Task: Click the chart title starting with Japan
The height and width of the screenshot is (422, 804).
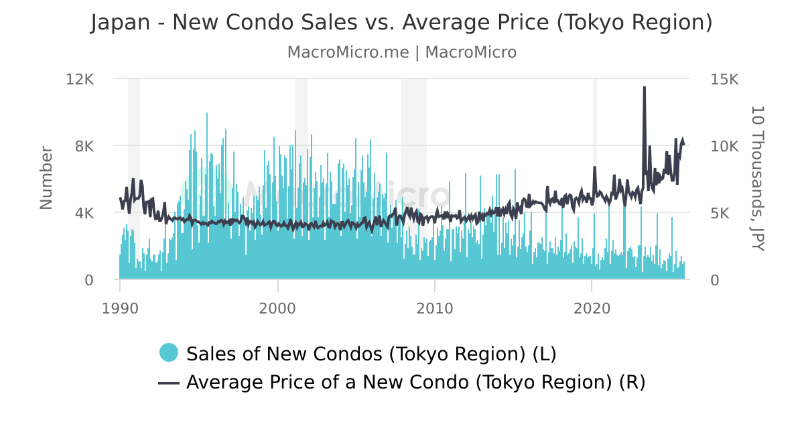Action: pyautogui.click(x=401, y=23)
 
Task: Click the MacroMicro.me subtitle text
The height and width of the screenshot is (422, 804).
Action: pyautogui.click(x=401, y=52)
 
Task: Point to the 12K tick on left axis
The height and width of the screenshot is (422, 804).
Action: pyautogui.click(x=80, y=79)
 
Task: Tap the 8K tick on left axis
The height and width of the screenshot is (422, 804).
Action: pyautogui.click(x=83, y=146)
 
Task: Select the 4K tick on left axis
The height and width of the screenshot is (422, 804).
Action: pyautogui.click(x=83, y=213)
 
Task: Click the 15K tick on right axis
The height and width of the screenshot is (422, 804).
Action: pyautogui.click(x=724, y=79)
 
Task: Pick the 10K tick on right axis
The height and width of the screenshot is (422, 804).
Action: pyautogui.click(x=724, y=146)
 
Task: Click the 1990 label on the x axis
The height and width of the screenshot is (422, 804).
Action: pyautogui.click(x=120, y=309)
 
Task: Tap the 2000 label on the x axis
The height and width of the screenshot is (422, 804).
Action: pyautogui.click(x=277, y=309)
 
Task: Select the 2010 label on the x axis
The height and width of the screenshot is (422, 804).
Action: pyautogui.click(x=435, y=309)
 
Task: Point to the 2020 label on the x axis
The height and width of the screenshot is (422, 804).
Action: pyautogui.click(x=592, y=309)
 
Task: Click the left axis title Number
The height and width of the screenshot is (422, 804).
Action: pyautogui.click(x=46, y=178)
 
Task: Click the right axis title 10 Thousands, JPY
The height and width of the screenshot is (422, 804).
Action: pyautogui.click(x=757, y=178)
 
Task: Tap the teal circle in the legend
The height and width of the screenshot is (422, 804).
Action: pyautogui.click(x=169, y=352)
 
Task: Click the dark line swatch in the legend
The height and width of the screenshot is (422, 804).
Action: pyautogui.click(x=169, y=382)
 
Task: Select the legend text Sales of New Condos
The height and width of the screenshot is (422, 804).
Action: pyautogui.click(x=371, y=353)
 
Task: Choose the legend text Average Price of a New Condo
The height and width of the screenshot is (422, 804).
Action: pyautogui.click(x=415, y=382)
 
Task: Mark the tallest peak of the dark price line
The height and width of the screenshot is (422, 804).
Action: pyautogui.click(x=644, y=88)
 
